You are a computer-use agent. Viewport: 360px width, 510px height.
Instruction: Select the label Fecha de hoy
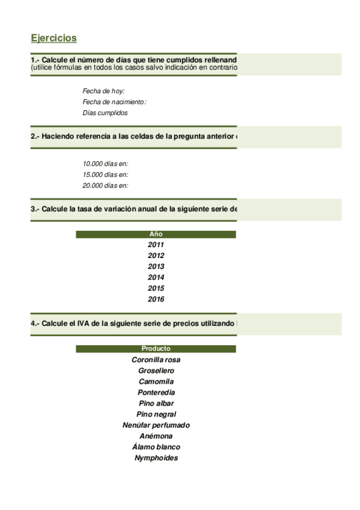coord(103,91)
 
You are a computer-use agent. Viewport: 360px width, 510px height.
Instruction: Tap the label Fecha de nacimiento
coord(114,102)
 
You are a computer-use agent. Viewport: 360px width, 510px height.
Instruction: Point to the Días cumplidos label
coord(105,113)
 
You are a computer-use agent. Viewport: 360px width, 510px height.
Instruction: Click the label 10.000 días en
coord(105,164)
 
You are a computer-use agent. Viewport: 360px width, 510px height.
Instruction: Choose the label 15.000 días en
coord(105,174)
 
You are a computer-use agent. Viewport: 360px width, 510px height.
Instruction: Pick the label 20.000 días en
coord(105,185)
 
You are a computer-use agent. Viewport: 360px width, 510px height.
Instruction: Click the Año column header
coord(156,234)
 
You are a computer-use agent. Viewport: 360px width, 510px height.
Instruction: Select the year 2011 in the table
coord(156,245)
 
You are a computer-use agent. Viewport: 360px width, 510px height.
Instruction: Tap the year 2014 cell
coord(156,277)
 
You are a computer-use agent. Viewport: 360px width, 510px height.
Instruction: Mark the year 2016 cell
coord(156,299)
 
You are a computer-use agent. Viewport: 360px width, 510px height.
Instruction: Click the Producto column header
coord(156,348)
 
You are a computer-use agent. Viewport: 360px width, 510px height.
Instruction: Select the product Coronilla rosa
coord(156,360)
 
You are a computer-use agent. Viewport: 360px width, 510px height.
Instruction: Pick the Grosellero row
coord(156,370)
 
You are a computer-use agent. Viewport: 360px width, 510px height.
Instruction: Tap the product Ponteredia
coord(156,392)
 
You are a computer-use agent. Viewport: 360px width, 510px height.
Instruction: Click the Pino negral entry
coord(156,414)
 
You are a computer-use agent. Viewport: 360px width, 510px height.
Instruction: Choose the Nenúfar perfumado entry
coord(156,425)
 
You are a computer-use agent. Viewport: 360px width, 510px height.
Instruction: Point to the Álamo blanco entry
coord(156,447)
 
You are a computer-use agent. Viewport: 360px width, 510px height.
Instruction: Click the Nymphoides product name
coord(156,458)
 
